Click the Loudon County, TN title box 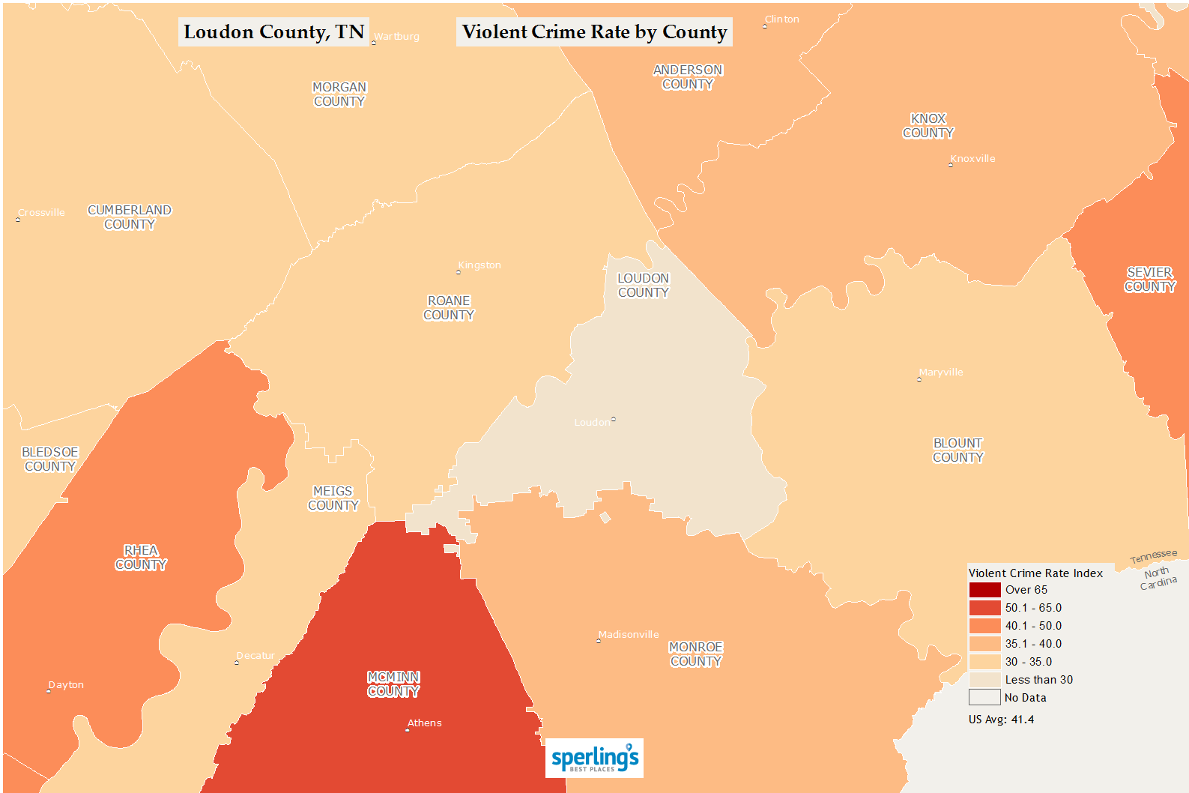point(273,32)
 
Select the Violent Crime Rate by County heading point(594,32)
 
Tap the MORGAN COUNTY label point(339,94)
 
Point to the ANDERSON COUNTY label point(688,77)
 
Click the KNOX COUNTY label point(928,126)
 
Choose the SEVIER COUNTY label point(1149,280)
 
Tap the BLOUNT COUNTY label point(957,450)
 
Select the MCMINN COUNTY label point(393,684)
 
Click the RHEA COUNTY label point(141,558)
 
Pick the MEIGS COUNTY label point(333,498)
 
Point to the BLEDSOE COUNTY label point(50,459)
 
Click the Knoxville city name point(972,159)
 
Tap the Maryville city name point(941,373)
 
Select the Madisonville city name point(629,635)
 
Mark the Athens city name point(424,723)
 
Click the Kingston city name point(479,265)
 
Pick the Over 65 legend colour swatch point(984,590)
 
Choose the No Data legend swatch point(984,698)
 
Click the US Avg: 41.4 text point(1001,720)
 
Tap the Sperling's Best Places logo point(594,758)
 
